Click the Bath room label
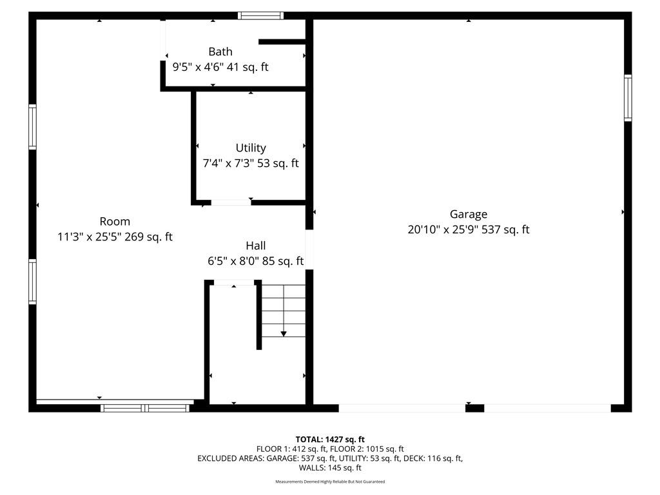click(220, 52)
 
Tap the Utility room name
click(251, 148)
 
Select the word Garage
click(469, 215)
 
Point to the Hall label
click(255, 246)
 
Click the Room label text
click(115, 222)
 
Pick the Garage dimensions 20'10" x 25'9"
click(442, 230)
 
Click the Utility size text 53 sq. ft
click(278, 163)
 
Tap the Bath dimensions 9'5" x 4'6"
click(197, 67)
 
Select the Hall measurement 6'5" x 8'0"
click(233, 262)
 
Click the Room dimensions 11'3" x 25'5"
click(89, 237)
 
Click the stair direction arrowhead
click(284, 335)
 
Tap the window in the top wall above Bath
click(260, 16)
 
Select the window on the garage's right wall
click(628, 98)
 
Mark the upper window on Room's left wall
click(32, 127)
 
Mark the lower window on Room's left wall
click(32, 281)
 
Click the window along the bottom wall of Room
click(145, 408)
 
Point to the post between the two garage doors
click(475, 408)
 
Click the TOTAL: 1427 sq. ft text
click(330, 440)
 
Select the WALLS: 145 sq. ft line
click(330, 468)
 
